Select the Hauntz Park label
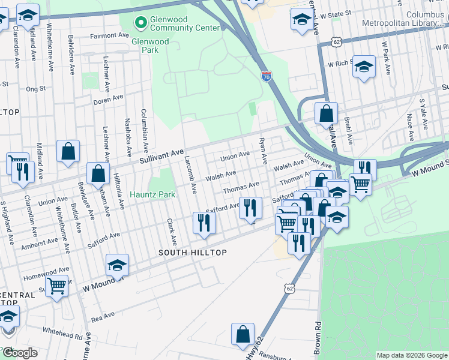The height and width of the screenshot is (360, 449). (x=153, y=194)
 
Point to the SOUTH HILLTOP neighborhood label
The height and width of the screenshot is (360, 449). (x=193, y=253)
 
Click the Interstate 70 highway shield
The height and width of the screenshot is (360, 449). (x=267, y=75)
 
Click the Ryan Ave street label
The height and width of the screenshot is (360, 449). (x=262, y=150)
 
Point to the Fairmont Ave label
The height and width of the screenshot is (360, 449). (x=109, y=36)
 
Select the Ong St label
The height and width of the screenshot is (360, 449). (x=36, y=89)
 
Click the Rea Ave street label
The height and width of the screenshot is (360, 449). (x=103, y=316)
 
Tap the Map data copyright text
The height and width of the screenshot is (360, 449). (x=412, y=355)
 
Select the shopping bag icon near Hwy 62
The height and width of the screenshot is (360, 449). (x=243, y=335)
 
